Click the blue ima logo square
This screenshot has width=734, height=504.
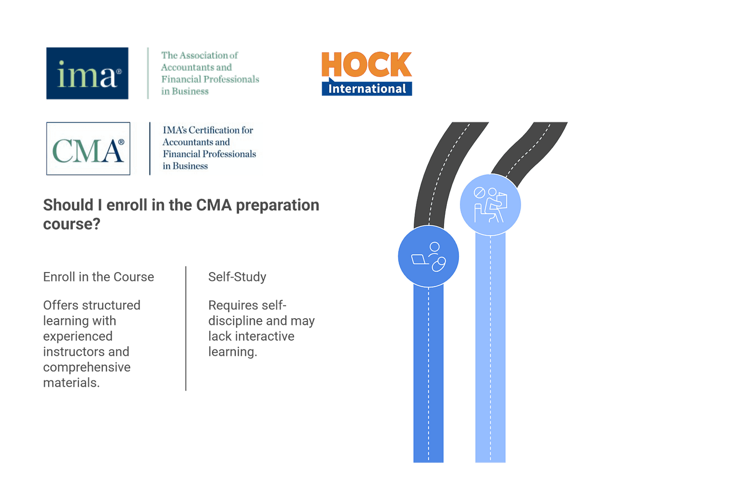pyautogui.click(x=87, y=73)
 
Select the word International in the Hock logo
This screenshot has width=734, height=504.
pyautogui.click(x=367, y=89)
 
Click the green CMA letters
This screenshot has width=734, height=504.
pyautogui.click(x=88, y=150)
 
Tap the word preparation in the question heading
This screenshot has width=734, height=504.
pyautogui.click(x=277, y=205)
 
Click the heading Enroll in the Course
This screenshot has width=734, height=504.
pyautogui.click(x=99, y=277)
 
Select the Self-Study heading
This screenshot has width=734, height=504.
pyautogui.click(x=237, y=277)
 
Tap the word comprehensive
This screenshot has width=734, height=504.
pyautogui.click(x=86, y=367)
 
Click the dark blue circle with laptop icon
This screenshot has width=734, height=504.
pyautogui.click(x=428, y=256)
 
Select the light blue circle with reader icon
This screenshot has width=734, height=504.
pyautogui.click(x=490, y=204)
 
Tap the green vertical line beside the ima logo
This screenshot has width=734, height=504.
pyautogui.click(x=148, y=73)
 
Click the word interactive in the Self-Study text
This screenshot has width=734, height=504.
pyautogui.click(x=265, y=336)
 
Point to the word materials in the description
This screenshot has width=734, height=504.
pyautogui.click(x=71, y=383)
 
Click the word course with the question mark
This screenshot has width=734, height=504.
pyautogui.click(x=71, y=224)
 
